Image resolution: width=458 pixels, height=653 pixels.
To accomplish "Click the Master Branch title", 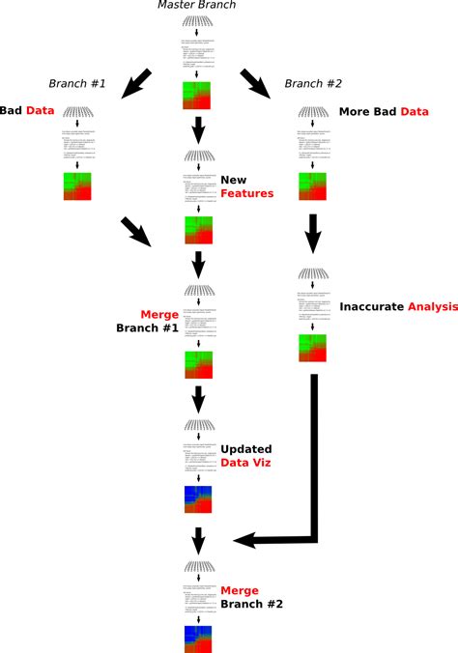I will [x=196, y=7].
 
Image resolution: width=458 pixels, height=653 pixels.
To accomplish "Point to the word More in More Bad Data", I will [x=356, y=112].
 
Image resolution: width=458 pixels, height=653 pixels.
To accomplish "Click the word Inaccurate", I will [x=370, y=306].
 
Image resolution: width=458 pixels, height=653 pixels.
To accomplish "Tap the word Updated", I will [x=246, y=449].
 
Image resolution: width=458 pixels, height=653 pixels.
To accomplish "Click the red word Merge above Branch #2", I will [x=240, y=590].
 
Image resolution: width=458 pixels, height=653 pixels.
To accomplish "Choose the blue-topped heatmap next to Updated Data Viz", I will [x=197, y=499].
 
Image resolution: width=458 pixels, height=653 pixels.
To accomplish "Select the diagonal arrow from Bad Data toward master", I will [x=138, y=233].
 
